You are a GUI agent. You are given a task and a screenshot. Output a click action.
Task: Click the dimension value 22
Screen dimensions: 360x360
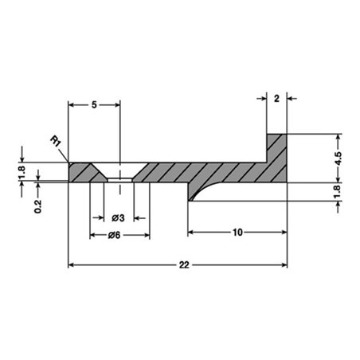click(184, 265)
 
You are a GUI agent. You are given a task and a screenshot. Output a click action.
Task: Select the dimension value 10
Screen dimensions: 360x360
click(237, 233)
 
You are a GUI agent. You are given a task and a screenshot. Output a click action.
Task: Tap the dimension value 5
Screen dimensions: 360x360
click(94, 105)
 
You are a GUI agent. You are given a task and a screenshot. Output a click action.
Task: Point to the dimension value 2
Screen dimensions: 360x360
click(276, 99)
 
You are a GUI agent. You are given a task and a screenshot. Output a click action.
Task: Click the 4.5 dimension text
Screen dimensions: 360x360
click(338, 158)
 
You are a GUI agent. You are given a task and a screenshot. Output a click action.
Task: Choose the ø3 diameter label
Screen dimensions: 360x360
click(118, 218)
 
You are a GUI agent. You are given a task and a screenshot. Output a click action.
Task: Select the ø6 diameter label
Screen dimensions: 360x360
click(114, 235)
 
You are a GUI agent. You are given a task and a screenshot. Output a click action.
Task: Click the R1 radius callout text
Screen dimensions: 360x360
click(56, 141)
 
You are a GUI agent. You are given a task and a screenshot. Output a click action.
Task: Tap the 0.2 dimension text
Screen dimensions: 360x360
click(38, 206)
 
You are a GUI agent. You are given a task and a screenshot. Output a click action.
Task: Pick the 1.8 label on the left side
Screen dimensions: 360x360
click(22, 172)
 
